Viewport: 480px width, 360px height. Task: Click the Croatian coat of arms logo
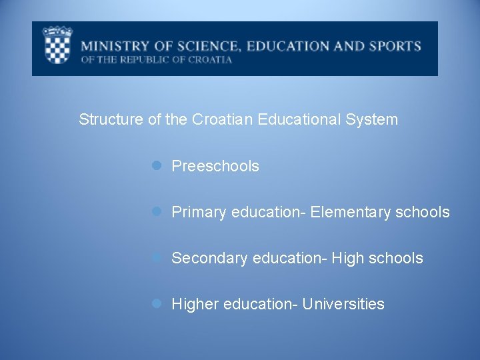pyautogui.click(x=57, y=46)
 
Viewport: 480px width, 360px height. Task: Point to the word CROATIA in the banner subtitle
pyautogui.click(x=208, y=59)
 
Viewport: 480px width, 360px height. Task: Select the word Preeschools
pyautogui.click(x=215, y=166)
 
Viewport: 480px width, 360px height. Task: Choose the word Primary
pyautogui.click(x=199, y=213)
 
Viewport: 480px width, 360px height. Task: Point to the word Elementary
pyautogui.click(x=351, y=212)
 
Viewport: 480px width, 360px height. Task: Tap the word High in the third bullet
pyautogui.click(x=347, y=258)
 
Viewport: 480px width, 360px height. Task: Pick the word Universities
pyautogui.click(x=343, y=304)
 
